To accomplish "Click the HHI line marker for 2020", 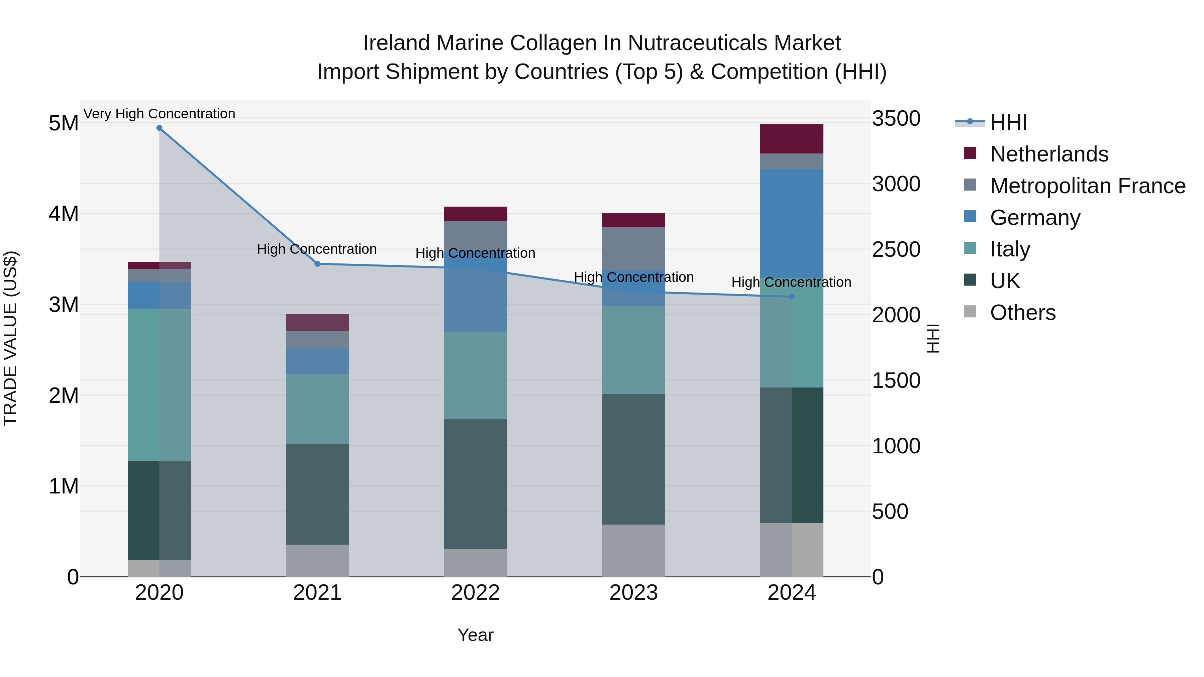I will point(160,128).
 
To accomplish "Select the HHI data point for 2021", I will point(317,264).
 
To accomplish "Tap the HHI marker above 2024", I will point(792,297).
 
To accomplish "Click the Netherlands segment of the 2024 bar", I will point(792,139).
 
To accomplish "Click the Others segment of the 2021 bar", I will point(317,560).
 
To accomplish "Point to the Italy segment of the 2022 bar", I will point(475,376).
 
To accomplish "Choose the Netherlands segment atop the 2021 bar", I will point(317,322).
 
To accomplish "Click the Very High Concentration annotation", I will point(160,114).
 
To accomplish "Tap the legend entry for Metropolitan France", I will point(1087,186).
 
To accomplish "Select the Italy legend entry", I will point(1010,249).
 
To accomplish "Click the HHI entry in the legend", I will point(1008,122).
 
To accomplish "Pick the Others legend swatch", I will point(970,312).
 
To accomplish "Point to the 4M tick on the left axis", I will point(64,214).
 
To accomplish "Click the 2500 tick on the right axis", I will point(896,249).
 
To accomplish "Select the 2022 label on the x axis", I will point(475,593).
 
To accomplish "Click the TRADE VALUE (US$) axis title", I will point(10,338).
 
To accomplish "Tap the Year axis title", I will point(475,635).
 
